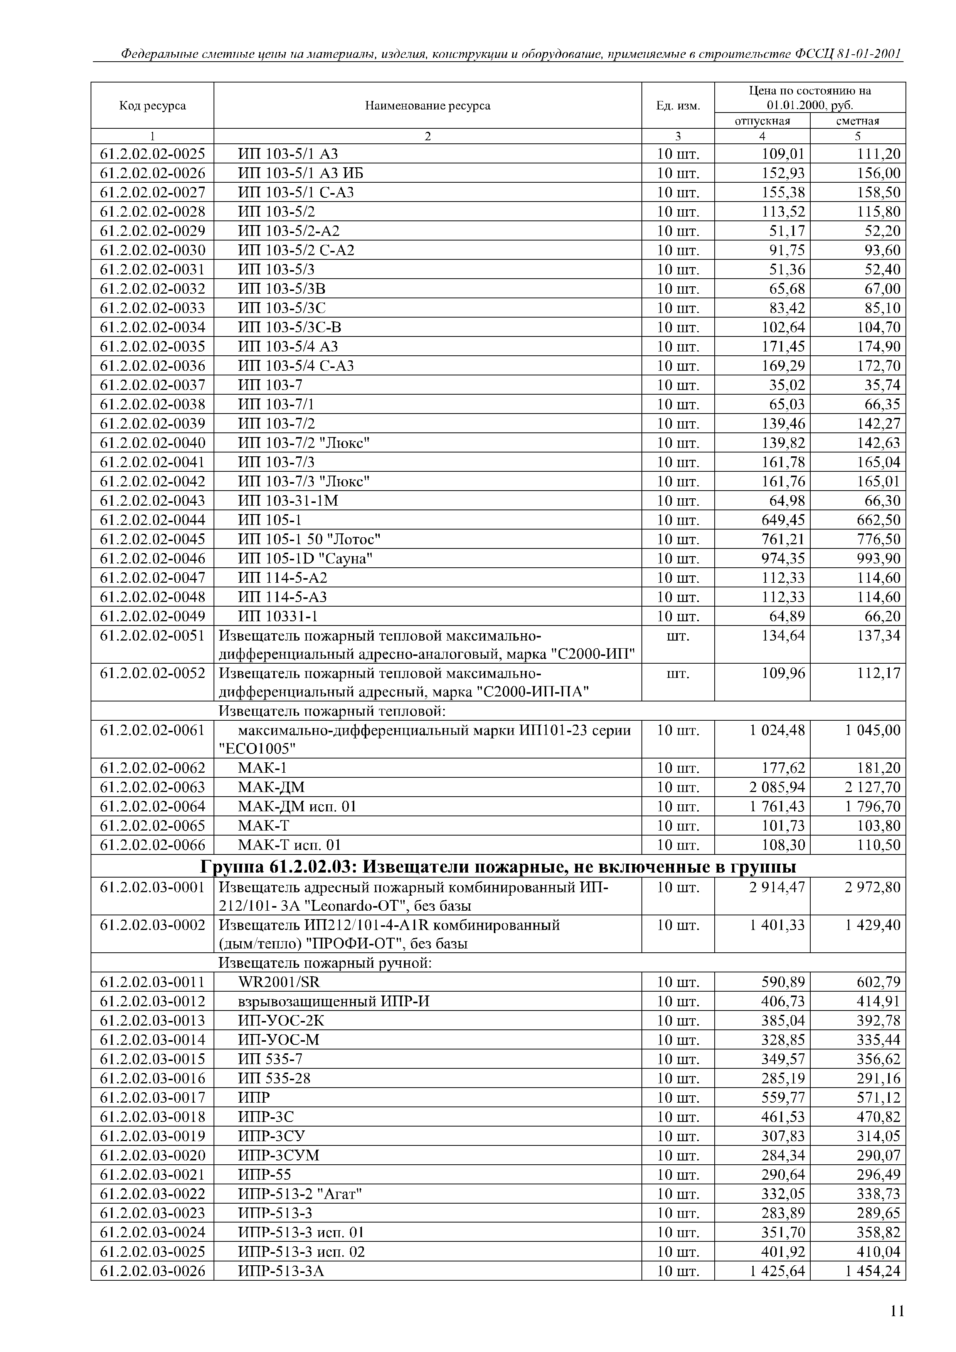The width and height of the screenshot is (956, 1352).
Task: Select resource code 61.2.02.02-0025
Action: [x=153, y=154]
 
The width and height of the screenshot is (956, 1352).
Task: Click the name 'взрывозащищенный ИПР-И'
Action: [x=333, y=1001]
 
